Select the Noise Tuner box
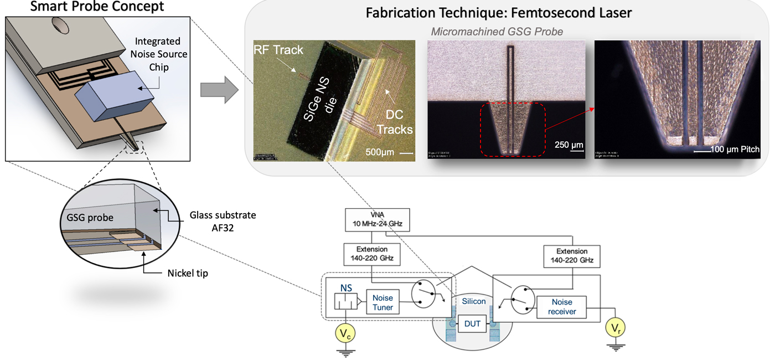(x=383, y=303)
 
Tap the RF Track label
(x=278, y=50)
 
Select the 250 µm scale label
(x=569, y=145)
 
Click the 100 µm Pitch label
(x=727, y=150)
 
